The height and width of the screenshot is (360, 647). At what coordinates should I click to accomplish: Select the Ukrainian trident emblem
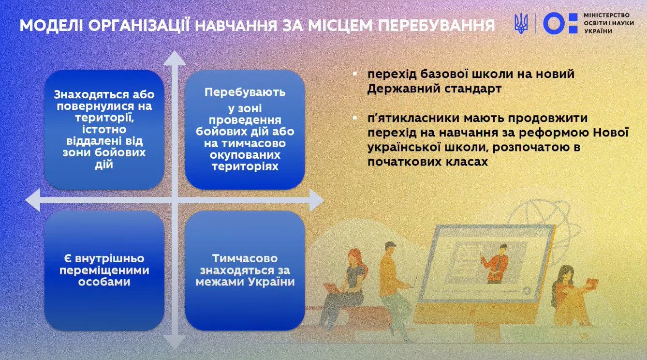(x=521, y=23)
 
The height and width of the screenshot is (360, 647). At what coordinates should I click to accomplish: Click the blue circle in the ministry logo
(x=554, y=23)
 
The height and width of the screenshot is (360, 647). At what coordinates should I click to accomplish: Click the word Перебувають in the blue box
(x=245, y=92)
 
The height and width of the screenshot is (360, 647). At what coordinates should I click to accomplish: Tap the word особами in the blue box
(x=104, y=282)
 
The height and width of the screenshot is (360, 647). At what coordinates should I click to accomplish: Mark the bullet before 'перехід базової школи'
(x=355, y=75)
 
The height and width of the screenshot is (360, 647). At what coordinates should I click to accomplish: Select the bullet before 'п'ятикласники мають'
(x=355, y=119)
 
